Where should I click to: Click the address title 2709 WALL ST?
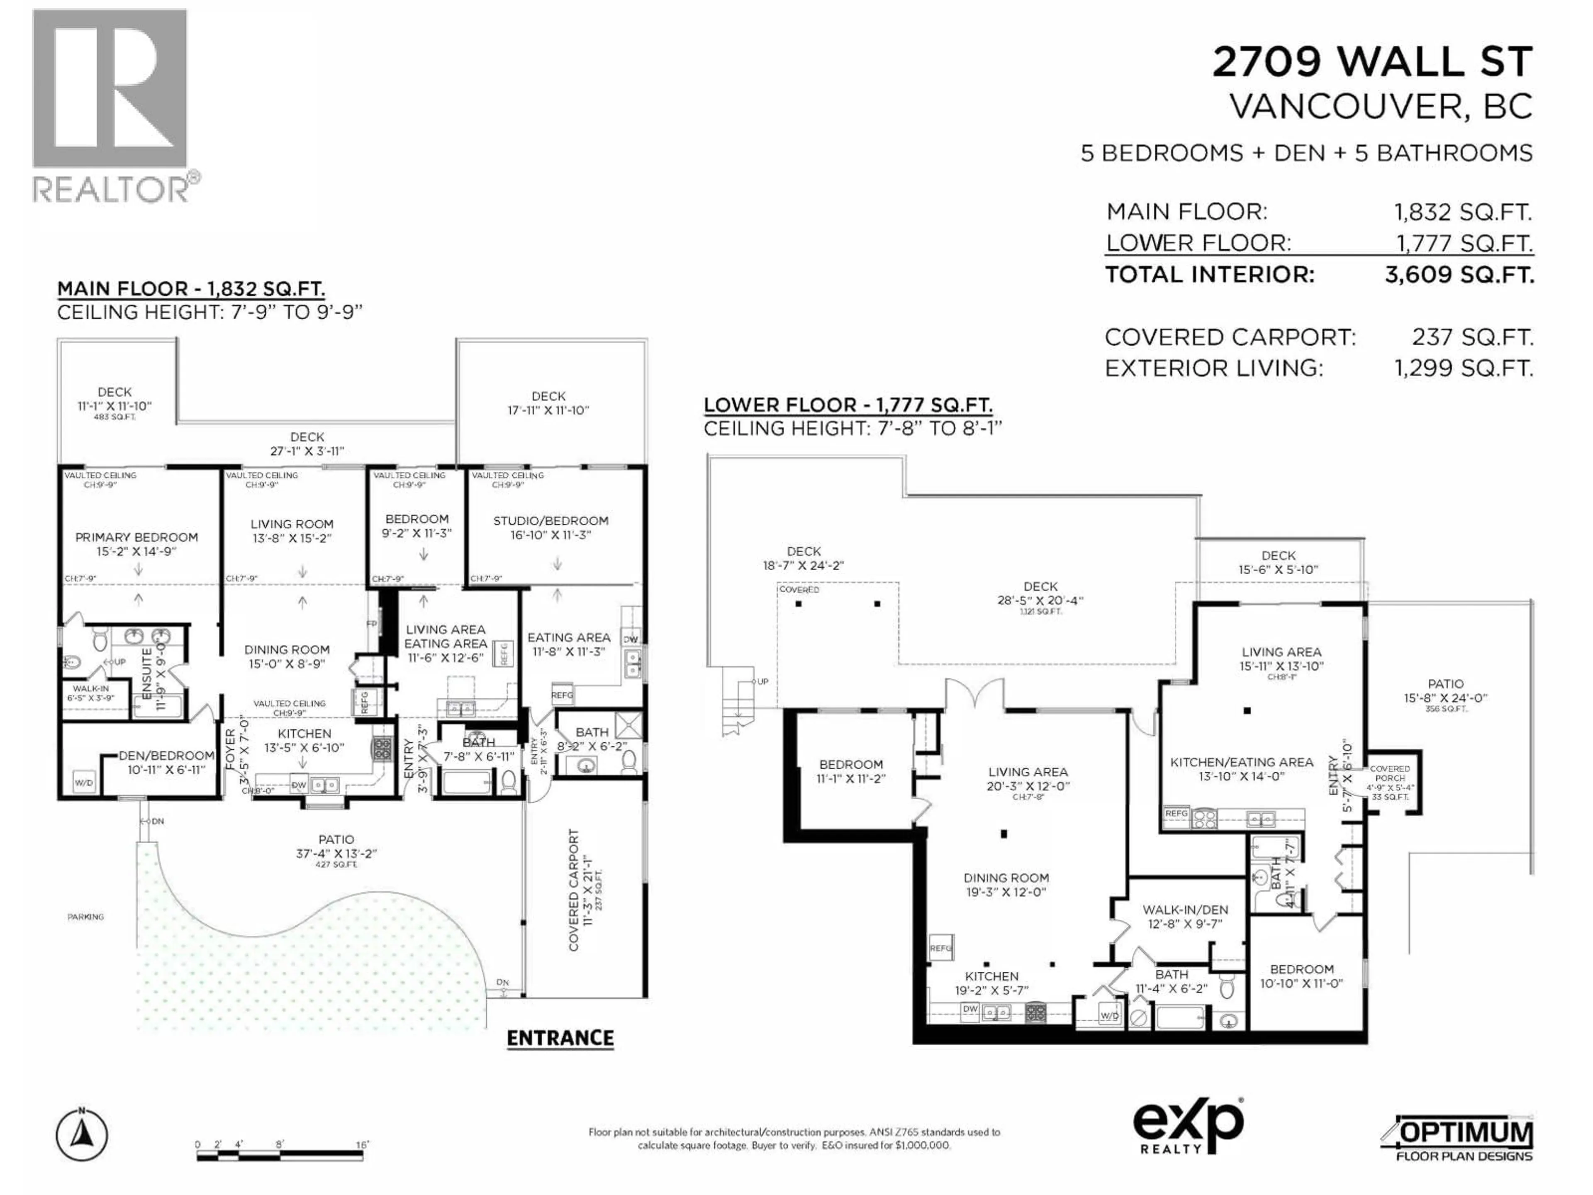click(x=1372, y=61)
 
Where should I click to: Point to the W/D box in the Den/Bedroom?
click(x=83, y=782)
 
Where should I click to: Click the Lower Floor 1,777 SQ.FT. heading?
click(x=848, y=405)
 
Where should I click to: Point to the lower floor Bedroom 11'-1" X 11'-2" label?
click(x=850, y=771)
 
